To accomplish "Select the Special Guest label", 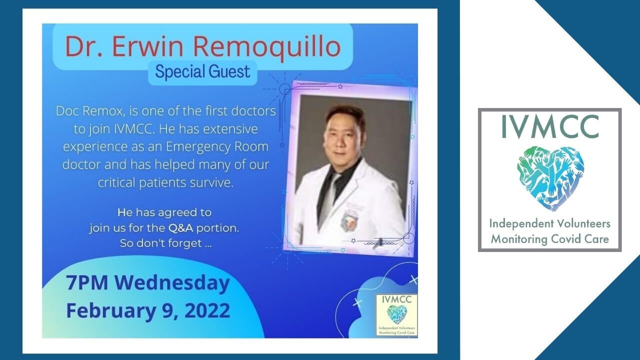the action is [202, 71].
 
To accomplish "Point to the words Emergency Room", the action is [217, 147].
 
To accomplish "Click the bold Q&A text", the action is [180, 228].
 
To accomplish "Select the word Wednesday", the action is [172, 283].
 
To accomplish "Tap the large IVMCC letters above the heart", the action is [550, 126].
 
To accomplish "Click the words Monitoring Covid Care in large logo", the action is [550, 238].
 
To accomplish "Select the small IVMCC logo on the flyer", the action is [396, 315].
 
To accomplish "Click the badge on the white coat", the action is [349, 221].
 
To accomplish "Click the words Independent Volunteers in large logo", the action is [550, 223].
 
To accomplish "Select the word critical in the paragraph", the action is [117, 182].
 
